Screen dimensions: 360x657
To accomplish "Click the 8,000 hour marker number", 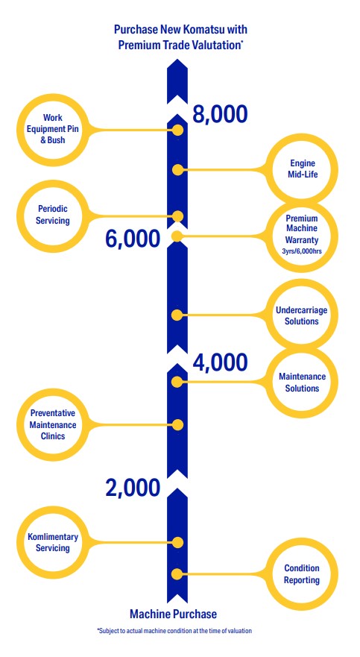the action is [x=220, y=114].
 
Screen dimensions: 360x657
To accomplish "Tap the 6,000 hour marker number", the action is [x=133, y=239].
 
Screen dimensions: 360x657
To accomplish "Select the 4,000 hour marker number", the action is [x=220, y=362].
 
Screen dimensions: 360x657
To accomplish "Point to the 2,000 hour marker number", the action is [x=133, y=488].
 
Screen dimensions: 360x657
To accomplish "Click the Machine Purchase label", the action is [x=174, y=614].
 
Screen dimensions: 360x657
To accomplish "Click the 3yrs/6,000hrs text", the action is [x=302, y=252].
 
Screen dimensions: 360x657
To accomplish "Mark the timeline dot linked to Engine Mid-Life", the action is [x=177, y=170].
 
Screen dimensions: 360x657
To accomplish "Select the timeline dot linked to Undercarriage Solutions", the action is [x=177, y=315].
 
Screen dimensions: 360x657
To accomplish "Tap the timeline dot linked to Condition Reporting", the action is [x=177, y=574].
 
